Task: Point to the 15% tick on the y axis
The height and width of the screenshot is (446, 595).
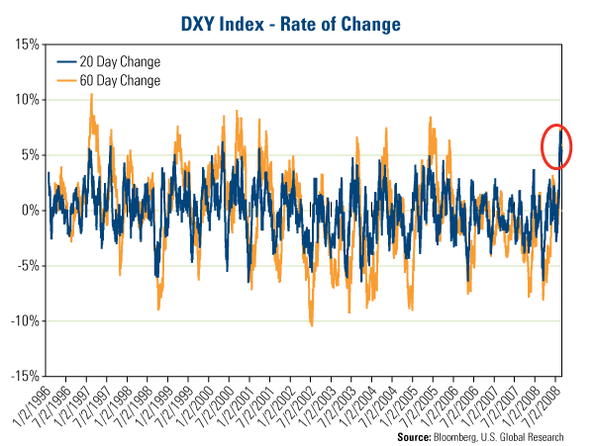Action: click(27, 45)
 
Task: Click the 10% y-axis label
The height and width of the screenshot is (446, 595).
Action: click(27, 100)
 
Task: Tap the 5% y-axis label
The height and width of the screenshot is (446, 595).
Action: click(30, 155)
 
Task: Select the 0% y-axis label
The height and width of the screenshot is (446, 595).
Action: click(30, 211)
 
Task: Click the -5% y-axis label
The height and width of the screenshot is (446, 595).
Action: click(28, 266)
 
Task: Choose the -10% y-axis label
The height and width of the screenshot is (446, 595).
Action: click(25, 321)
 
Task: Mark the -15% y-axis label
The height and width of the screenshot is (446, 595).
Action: click(25, 377)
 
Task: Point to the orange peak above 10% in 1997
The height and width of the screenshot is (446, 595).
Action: click(92, 94)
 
